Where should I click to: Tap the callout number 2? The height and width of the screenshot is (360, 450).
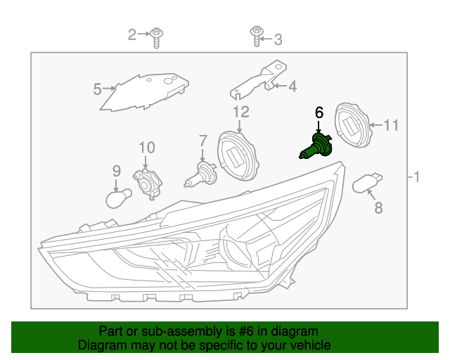pos(131,34)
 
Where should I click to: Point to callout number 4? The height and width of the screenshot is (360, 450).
pos(292,87)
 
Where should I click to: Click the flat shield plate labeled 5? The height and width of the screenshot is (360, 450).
pos(144,91)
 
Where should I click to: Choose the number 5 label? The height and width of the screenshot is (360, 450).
pos(98,89)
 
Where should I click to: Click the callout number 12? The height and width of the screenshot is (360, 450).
pos(240,111)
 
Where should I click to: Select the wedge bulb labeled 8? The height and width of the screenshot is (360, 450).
pos(366,183)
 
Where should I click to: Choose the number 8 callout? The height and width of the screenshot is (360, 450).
pos(378,207)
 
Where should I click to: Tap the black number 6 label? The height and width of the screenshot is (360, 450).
pos(319,112)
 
